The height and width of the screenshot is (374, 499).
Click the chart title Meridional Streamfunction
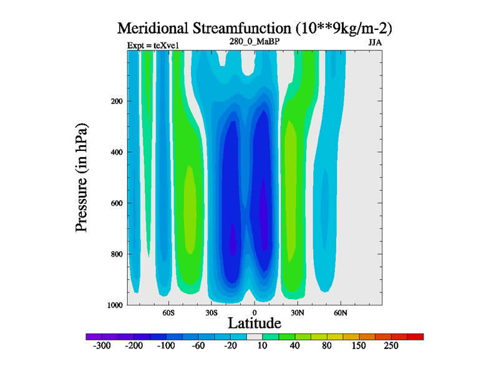pos(254,29)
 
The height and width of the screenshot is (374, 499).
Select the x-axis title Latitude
pos(254,323)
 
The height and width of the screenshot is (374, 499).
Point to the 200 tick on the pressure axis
pos(115,101)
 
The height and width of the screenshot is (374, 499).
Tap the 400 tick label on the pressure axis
pos(115,152)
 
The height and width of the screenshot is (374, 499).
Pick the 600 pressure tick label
pos(115,203)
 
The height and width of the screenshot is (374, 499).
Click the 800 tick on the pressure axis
pos(115,254)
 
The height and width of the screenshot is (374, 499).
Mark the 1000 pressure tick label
pos(114,305)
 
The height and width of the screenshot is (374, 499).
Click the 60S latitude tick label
pos(168,312)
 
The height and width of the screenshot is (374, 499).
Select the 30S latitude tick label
pos(211,312)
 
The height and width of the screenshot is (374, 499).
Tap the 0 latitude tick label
pos(254,312)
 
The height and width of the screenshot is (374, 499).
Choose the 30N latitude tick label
pos(297,312)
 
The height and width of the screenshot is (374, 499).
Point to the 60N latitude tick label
pos(340,312)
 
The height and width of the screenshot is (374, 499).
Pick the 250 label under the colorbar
pos(390,347)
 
